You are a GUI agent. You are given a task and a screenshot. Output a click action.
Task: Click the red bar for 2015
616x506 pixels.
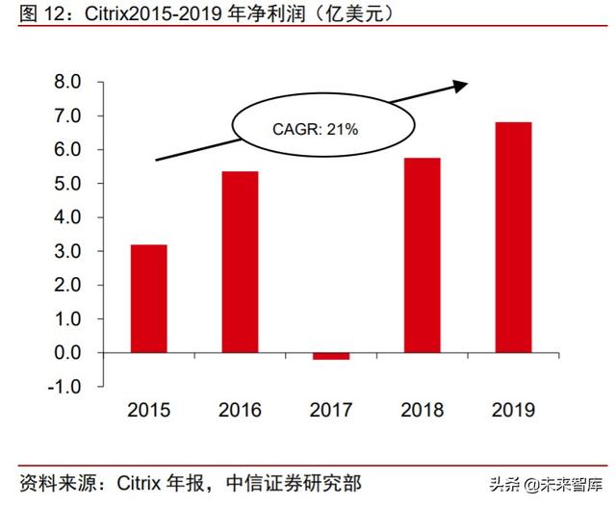149,298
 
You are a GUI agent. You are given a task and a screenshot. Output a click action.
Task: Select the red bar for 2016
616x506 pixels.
240,262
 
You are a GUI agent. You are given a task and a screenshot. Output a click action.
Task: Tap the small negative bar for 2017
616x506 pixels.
330,356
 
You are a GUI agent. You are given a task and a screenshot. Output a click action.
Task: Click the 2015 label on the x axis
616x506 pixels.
149,411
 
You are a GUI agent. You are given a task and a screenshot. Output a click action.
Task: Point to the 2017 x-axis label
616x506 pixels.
330,411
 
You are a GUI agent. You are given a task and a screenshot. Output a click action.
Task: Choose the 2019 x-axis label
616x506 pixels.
512,411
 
